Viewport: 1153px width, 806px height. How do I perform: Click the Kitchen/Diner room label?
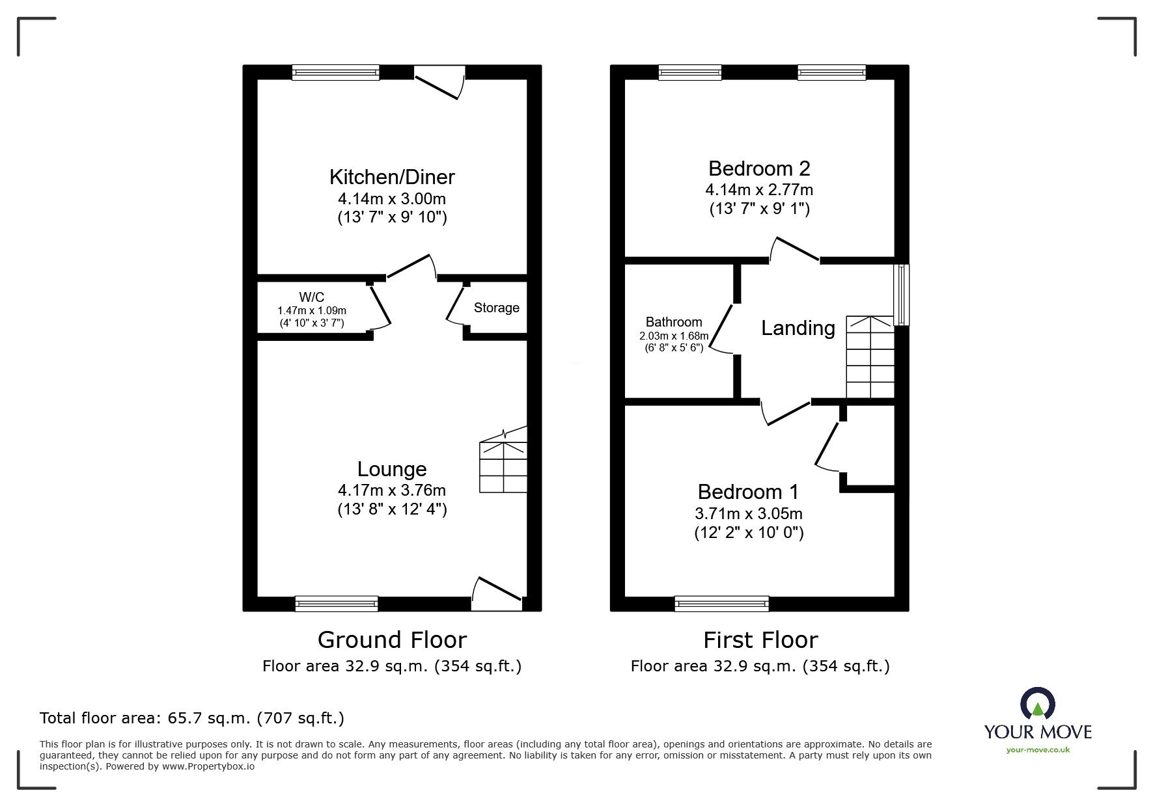[x=391, y=177]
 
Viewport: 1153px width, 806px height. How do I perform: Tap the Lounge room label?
[x=391, y=469]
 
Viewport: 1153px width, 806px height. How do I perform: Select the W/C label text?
[x=312, y=297]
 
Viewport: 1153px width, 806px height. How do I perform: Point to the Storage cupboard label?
[x=496, y=308]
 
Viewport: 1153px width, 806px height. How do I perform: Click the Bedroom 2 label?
[x=758, y=168]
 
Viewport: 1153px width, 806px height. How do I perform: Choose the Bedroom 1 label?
[x=748, y=491]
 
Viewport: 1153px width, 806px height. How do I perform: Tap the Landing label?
[x=798, y=328]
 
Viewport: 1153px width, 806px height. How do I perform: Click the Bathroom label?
[x=673, y=322]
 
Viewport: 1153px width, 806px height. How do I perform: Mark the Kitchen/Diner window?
[x=335, y=72]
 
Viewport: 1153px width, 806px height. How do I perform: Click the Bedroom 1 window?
[x=721, y=604]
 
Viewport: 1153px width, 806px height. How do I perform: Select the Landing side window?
[x=902, y=295]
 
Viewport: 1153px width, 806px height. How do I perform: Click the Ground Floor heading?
[x=392, y=640]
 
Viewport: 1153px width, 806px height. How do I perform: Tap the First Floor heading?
[x=760, y=640]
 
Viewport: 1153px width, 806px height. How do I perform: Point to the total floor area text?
[x=192, y=718]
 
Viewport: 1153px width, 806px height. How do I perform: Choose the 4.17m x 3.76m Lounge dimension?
[x=391, y=490]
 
